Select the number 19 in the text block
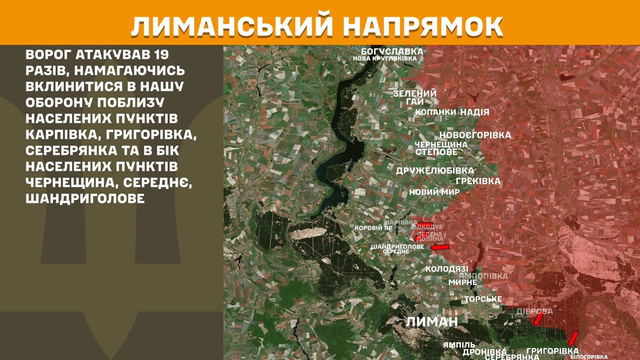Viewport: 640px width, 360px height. (x=161, y=55)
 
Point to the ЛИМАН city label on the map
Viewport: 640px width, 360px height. (x=432, y=322)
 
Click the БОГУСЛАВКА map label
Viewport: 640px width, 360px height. (x=392, y=52)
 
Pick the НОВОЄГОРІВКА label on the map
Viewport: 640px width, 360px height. (x=475, y=135)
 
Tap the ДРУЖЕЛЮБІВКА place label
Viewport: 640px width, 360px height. (x=435, y=171)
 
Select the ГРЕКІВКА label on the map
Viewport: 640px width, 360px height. (x=478, y=181)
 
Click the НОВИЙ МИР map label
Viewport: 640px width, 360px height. (x=434, y=192)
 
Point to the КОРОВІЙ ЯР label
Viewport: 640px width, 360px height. (x=373, y=228)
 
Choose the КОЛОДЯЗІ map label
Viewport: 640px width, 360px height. (x=447, y=269)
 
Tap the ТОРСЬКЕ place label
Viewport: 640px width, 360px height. (x=483, y=299)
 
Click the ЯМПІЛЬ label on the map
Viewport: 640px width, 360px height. (x=459, y=345)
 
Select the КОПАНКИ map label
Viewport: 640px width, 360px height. (x=435, y=112)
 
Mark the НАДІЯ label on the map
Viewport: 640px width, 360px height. (x=475, y=112)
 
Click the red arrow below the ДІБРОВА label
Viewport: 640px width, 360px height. (x=538, y=319)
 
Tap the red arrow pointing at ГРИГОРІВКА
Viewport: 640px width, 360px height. (x=573, y=338)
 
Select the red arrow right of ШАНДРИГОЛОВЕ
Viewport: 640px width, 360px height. (x=440, y=247)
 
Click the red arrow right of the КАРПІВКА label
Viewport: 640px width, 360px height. (x=425, y=224)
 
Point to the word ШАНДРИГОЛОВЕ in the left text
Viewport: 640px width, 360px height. (x=85, y=199)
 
